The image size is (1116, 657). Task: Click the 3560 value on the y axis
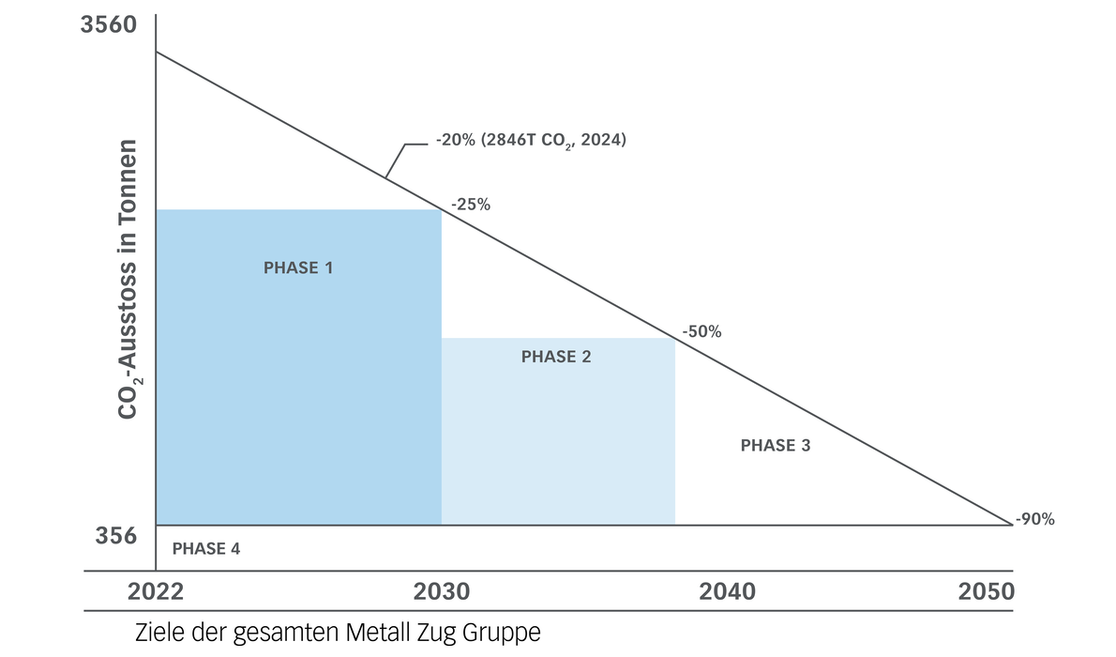pos(109,25)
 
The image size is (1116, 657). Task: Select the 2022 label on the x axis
pos(156,593)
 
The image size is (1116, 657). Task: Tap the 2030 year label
pos(442,593)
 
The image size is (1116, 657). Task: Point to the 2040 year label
pos(727,593)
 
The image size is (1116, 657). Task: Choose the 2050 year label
pos(986,593)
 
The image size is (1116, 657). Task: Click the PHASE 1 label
pos(298,268)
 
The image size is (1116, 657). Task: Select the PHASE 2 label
pos(556,357)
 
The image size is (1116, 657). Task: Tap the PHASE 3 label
pos(776,446)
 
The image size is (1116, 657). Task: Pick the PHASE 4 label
pos(206,549)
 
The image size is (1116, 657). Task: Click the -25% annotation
pos(470,204)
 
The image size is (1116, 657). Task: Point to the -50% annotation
pos(701,331)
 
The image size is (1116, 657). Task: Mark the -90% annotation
pos(1034,519)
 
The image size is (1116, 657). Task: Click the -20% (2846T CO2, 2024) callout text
pos(530,142)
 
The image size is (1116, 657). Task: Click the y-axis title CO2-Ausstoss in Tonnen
pos(128,280)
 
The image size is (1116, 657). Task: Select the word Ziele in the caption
pos(159,633)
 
